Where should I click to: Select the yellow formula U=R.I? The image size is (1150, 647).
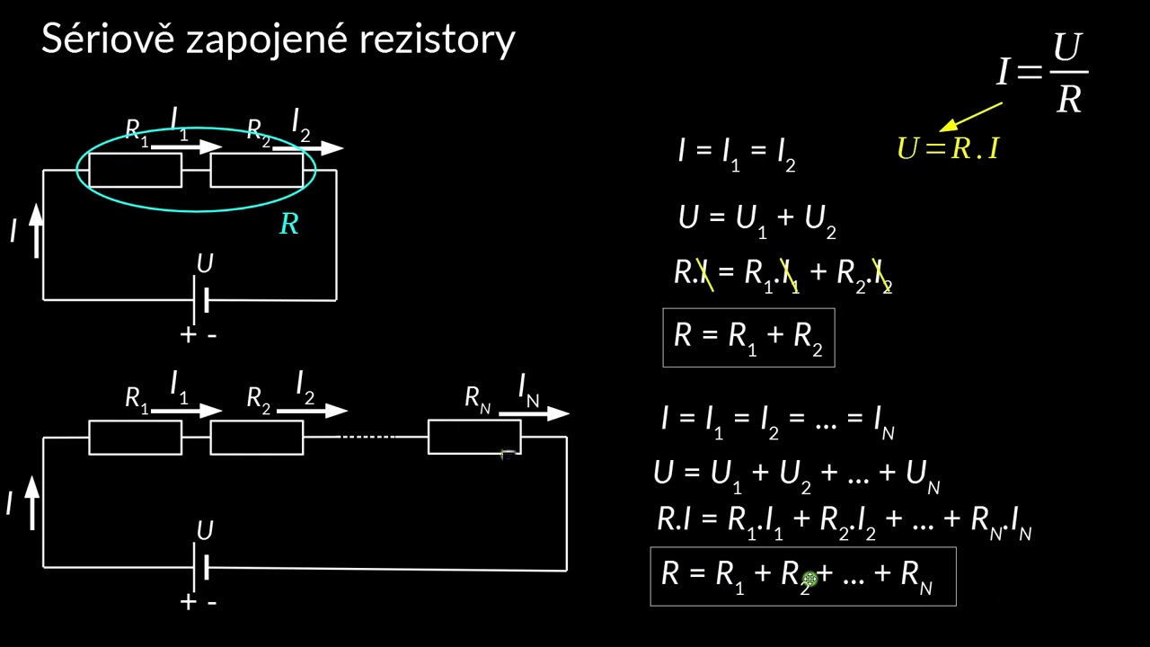click(x=948, y=148)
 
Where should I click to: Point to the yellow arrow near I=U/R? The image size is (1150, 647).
click(x=970, y=117)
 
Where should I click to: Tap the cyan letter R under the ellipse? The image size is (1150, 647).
click(x=288, y=225)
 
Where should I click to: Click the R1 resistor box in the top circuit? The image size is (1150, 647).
click(x=135, y=170)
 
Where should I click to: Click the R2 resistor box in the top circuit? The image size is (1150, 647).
click(x=256, y=170)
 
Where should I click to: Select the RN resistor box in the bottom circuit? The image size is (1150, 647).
click(x=473, y=437)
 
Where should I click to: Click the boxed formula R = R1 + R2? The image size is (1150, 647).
click(x=748, y=338)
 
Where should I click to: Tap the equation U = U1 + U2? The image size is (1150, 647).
click(x=756, y=219)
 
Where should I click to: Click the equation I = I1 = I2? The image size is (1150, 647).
click(x=737, y=152)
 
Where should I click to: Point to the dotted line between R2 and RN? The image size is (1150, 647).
click(x=366, y=437)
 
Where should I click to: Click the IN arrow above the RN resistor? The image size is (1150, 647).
click(x=534, y=413)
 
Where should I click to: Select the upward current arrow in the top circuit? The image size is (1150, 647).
click(x=36, y=230)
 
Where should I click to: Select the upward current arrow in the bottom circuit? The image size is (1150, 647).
click(x=32, y=501)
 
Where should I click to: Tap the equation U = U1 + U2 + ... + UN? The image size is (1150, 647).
click(x=796, y=474)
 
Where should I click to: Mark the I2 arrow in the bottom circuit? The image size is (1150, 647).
click(x=312, y=411)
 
